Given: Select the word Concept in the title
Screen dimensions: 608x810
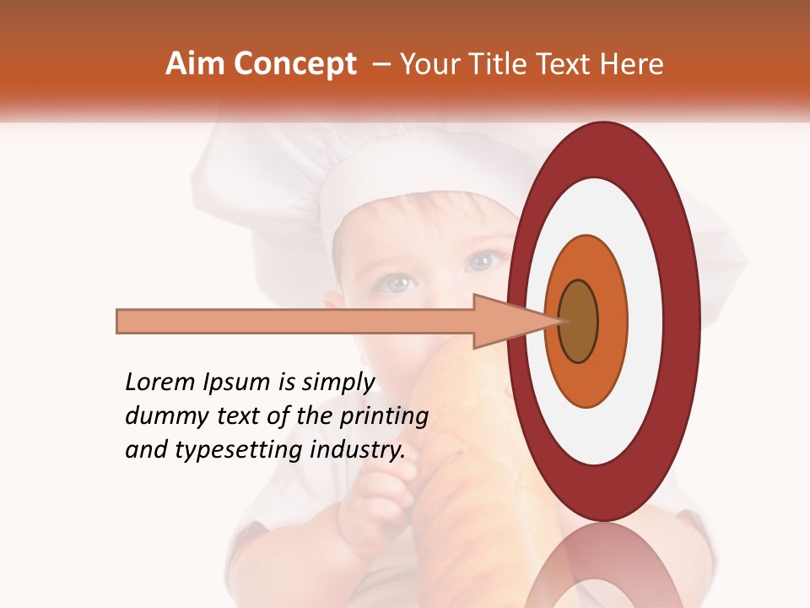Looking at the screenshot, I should coord(294,64).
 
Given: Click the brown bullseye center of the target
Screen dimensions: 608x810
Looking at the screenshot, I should coord(578,321).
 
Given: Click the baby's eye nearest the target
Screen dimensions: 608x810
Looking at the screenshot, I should coord(479,261).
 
